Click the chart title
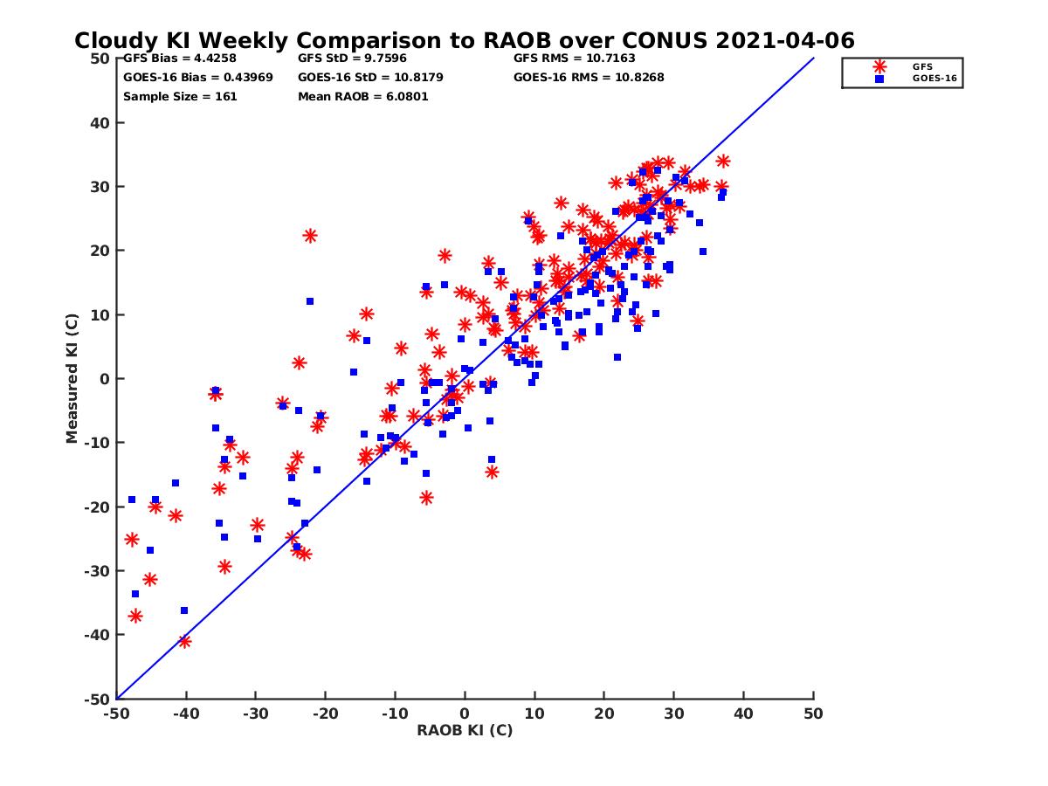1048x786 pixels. (x=464, y=40)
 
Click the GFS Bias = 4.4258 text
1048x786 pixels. (x=176, y=59)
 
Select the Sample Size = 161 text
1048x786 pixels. (x=180, y=96)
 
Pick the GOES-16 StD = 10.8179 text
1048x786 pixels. (x=370, y=77)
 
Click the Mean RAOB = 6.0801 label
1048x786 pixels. (x=362, y=96)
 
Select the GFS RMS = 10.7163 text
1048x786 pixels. (x=574, y=59)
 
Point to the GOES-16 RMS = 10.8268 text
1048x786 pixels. (x=589, y=77)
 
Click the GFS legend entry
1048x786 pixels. (x=922, y=66)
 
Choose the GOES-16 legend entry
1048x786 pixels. (x=930, y=79)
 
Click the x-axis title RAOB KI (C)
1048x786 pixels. (x=465, y=730)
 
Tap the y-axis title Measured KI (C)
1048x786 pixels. (x=72, y=378)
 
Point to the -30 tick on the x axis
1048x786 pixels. (x=255, y=714)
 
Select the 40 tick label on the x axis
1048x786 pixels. (x=744, y=714)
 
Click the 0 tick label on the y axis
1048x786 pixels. (x=105, y=378)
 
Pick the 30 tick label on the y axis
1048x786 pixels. (x=100, y=186)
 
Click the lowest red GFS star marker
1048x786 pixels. (x=184, y=641)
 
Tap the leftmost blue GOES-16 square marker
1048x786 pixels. (x=132, y=500)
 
